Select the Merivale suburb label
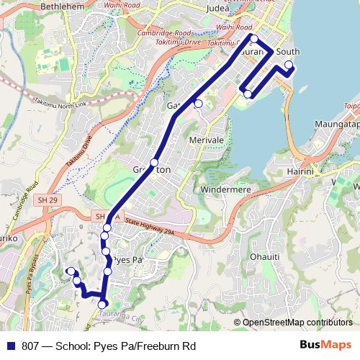coord(206,140)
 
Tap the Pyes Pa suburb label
coord(127,259)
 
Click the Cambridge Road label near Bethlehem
coord(165,35)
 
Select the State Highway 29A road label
coord(153,225)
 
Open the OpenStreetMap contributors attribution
coord(297,323)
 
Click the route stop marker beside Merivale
coord(198,104)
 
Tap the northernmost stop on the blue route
coord(253,38)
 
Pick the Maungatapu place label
coord(338,124)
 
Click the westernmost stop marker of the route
coord(71,271)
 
